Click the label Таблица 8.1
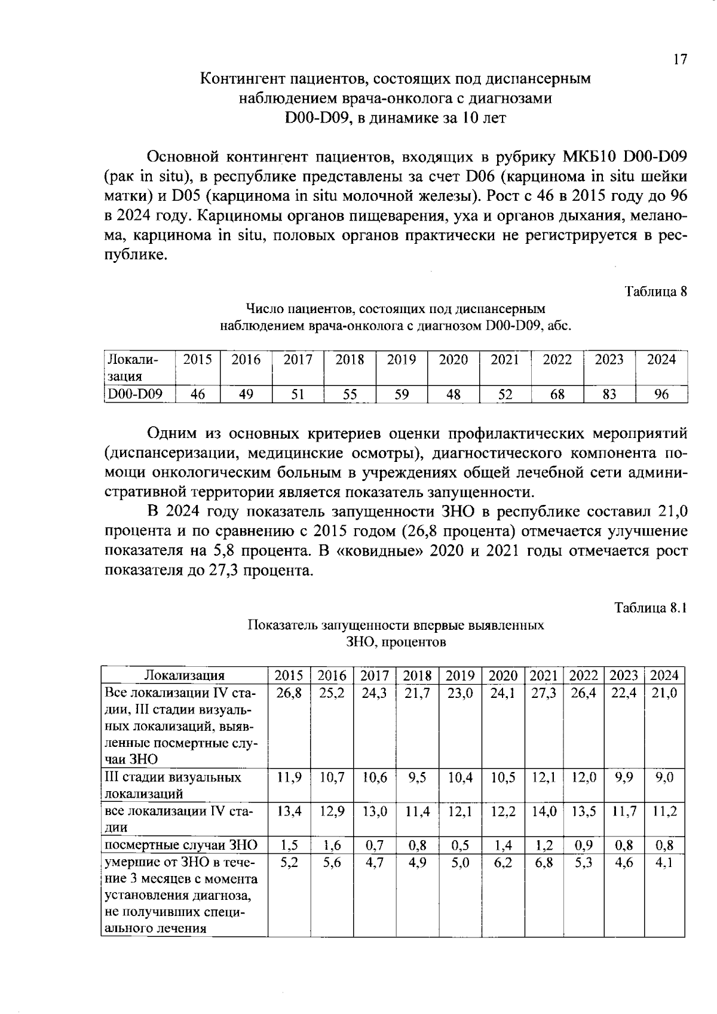pos(651,608)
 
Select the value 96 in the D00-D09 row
pos(661,394)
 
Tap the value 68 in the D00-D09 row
pos(557,394)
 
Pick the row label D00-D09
pos(134,394)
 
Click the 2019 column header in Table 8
pos(402,360)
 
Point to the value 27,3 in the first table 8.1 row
pos(544,694)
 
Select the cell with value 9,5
pos(417,777)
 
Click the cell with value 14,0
pos(544,811)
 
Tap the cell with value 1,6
pos(332,845)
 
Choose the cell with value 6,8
pos(544,863)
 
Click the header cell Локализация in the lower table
pos(185,676)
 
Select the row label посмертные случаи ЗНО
pos(181,845)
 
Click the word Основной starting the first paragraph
pos(180,157)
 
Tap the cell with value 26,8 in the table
pos(289,694)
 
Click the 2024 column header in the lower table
pos(664,676)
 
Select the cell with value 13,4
pos(289,811)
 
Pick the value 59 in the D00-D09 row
pos(402,394)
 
